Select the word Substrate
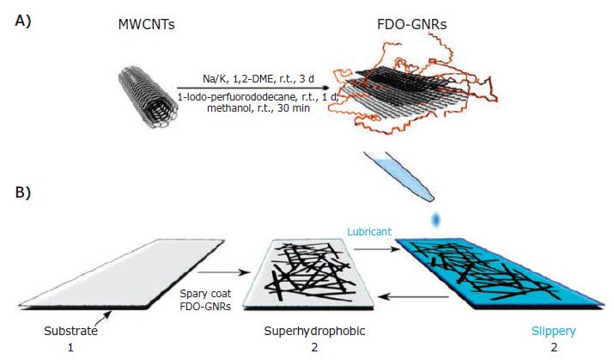pos(71,331)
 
